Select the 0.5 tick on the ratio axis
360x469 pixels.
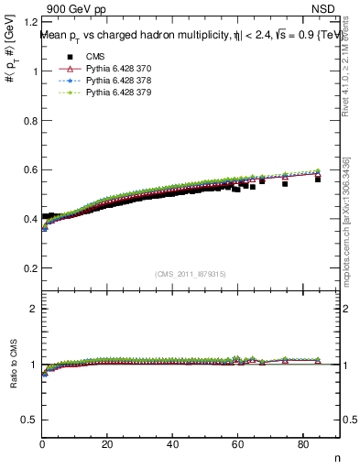(29, 420)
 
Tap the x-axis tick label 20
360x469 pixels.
(108, 444)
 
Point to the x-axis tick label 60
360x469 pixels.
(238, 444)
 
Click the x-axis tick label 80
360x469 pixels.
(303, 444)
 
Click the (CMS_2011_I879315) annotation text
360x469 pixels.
(191, 274)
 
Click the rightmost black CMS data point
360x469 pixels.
(318, 179)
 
